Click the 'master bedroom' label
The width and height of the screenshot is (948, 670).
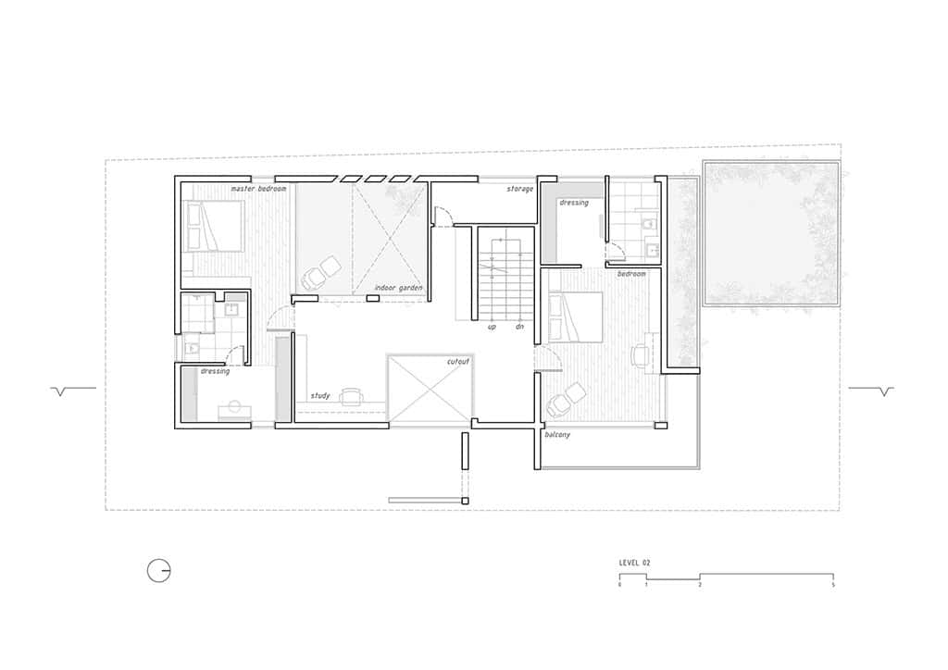click(x=258, y=189)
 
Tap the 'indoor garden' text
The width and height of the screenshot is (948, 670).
click(x=399, y=288)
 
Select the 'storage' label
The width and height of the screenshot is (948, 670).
click(x=519, y=189)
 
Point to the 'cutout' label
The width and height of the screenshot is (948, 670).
click(x=458, y=361)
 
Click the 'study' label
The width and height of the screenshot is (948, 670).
click(x=320, y=395)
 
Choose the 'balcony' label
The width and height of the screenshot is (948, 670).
click(x=556, y=434)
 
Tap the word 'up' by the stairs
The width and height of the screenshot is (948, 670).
click(x=493, y=326)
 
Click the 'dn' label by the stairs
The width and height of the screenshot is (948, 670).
click(x=519, y=326)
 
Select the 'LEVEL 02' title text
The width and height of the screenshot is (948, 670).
click(x=635, y=562)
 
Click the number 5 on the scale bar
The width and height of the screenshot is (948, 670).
click(x=833, y=585)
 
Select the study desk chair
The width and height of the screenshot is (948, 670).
click(x=351, y=397)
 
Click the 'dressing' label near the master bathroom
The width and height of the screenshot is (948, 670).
click(x=215, y=371)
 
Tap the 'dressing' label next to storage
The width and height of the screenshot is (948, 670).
click(x=573, y=203)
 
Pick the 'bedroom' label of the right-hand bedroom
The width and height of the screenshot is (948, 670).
click(x=631, y=274)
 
